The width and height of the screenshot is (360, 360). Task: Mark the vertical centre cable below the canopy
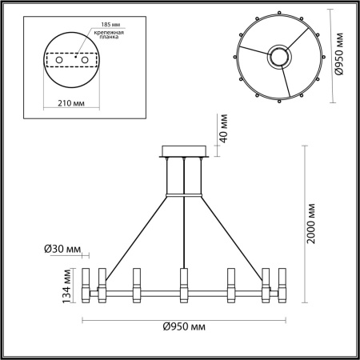184,232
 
